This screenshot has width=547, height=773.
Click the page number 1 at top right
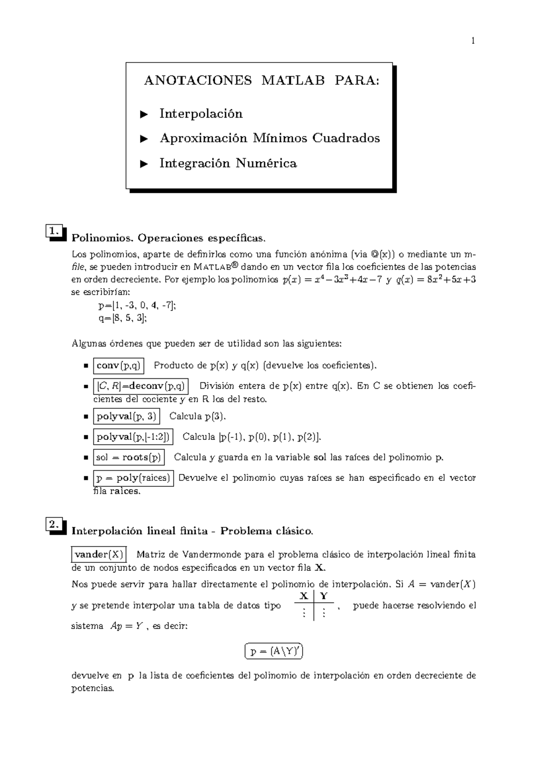click(x=473, y=41)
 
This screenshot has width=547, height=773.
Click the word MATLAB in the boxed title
click(x=293, y=81)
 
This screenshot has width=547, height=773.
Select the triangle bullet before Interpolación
click(x=144, y=114)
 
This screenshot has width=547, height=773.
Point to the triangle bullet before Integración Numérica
click(x=144, y=163)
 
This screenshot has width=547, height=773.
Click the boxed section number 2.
click(x=54, y=524)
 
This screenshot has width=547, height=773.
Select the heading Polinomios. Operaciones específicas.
click(x=168, y=238)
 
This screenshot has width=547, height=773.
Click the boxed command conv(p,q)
click(x=119, y=366)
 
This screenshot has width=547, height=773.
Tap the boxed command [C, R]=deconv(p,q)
click(x=140, y=386)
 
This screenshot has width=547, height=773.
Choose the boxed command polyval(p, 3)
click(x=126, y=416)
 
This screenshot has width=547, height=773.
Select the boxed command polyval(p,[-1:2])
click(x=133, y=437)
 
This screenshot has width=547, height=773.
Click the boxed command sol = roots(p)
click(x=129, y=457)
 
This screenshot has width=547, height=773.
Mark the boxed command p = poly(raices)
click(x=133, y=478)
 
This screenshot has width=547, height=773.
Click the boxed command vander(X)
click(x=99, y=555)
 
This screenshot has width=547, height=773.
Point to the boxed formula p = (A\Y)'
click(x=274, y=652)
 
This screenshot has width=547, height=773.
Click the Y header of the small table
click(x=324, y=596)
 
